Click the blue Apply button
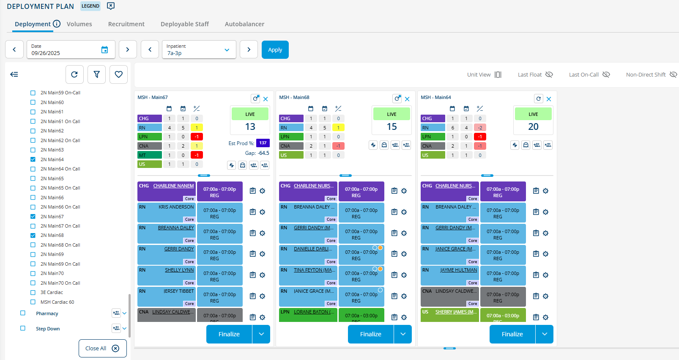[x=275, y=49]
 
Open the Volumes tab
[x=79, y=24]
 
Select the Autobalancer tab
[x=244, y=24]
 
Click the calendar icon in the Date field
[x=104, y=49]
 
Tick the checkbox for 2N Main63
[x=33, y=150]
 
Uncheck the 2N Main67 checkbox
[x=33, y=217]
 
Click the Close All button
[x=102, y=348]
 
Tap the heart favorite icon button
[x=118, y=74]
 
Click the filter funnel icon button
[x=96, y=74]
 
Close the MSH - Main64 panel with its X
[x=549, y=99]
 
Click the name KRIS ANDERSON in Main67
[x=176, y=207]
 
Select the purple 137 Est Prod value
[x=263, y=143]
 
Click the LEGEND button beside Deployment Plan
[x=90, y=6]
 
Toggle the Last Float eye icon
[x=549, y=74]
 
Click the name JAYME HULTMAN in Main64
[x=458, y=270]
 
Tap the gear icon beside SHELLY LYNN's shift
[x=263, y=275]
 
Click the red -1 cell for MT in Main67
[x=197, y=155]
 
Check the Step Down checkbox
[x=23, y=328]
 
